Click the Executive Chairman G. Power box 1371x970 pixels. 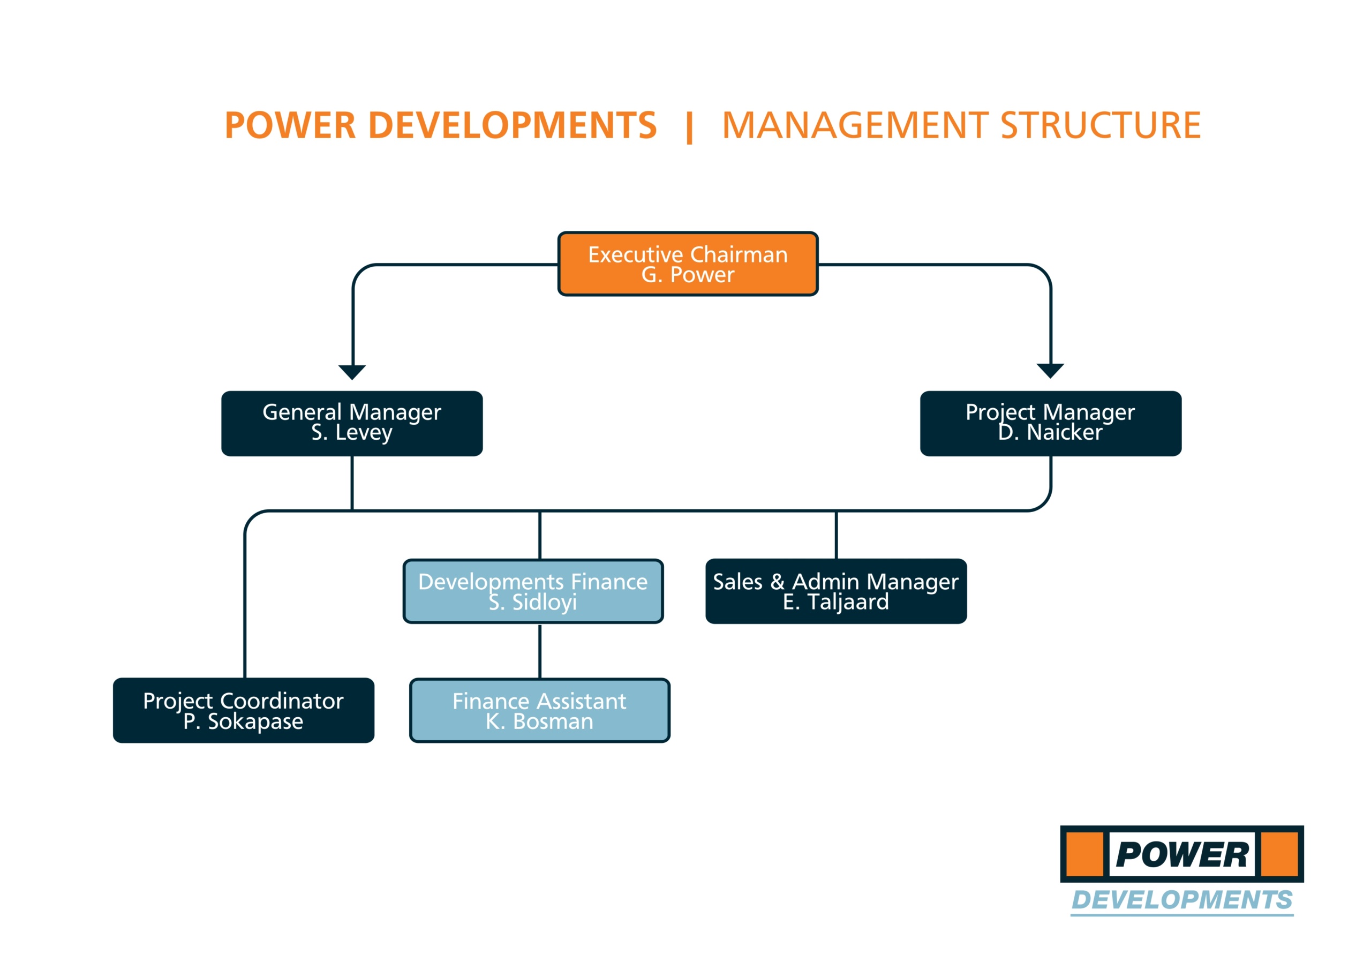pyautogui.click(x=688, y=264)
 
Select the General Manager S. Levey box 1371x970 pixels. pyautogui.click(x=352, y=424)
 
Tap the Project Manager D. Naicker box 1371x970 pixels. pyautogui.click(x=1050, y=424)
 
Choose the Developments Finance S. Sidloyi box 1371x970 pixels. pyautogui.click(x=533, y=591)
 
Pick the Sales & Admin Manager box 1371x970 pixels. pyautogui.click(x=836, y=591)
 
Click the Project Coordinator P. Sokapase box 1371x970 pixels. pyautogui.click(x=244, y=710)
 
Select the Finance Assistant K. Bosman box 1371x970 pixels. pyautogui.click(x=540, y=710)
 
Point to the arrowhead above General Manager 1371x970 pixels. pyautogui.click(x=352, y=372)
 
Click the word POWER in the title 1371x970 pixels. pyautogui.click(x=290, y=125)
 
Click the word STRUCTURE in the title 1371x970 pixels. pyautogui.click(x=1101, y=125)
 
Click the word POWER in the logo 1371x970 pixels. pyautogui.click(x=1182, y=854)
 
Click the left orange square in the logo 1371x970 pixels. pyautogui.click(x=1084, y=854)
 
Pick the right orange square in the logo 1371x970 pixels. pyautogui.click(x=1279, y=854)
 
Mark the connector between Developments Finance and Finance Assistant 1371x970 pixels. pyautogui.click(x=540, y=651)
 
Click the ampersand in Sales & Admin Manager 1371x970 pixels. pyautogui.click(x=778, y=582)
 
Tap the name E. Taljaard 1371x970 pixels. pyautogui.click(x=836, y=602)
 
